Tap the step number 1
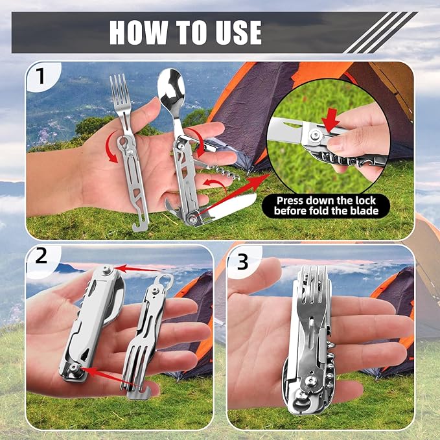click(x=40, y=77)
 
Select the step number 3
click(x=242, y=261)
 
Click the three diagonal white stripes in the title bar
click(x=379, y=32)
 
